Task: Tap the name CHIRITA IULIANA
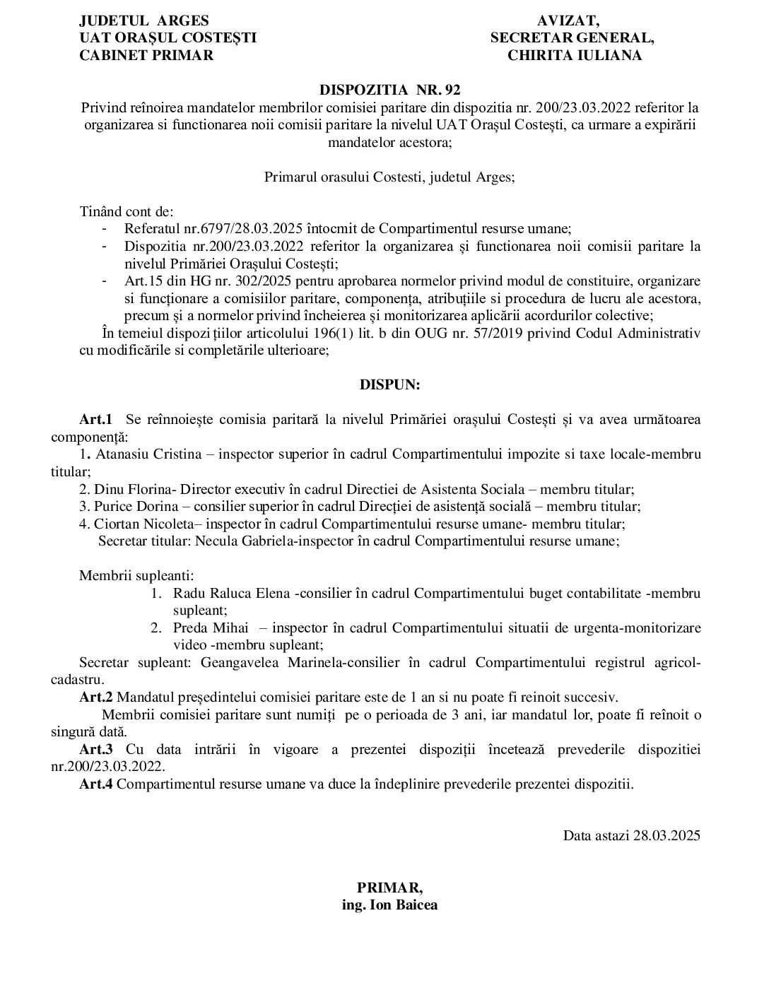click(575, 56)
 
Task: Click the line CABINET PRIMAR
click(146, 56)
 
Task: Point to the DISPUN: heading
click(389, 385)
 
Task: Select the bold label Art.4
click(96, 784)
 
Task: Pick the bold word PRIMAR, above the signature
click(389, 888)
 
